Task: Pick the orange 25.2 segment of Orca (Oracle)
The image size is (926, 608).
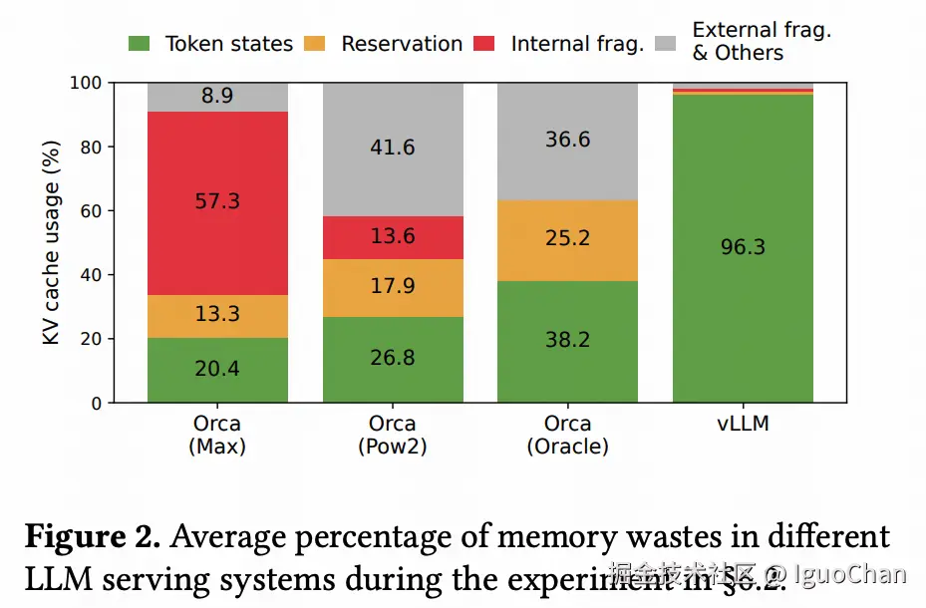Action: pos(567,240)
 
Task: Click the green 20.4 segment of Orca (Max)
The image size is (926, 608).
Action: pos(217,370)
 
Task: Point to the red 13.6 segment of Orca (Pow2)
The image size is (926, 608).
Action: pos(393,237)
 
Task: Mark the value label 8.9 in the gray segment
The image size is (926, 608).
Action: pos(217,97)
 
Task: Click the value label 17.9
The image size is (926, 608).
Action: pos(393,286)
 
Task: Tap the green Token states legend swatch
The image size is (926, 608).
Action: pos(140,44)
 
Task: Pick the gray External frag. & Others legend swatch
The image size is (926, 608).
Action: pos(667,44)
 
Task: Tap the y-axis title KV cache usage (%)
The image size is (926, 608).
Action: pos(52,242)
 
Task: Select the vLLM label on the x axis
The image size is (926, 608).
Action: pos(743,425)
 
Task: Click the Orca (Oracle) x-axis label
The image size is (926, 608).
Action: pos(567,435)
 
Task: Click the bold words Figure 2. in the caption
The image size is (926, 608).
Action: pos(92,537)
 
